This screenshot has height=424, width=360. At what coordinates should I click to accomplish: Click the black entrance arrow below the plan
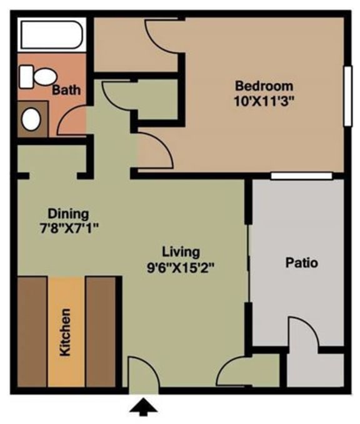(x=143, y=408)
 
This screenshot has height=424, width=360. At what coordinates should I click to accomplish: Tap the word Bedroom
(x=254, y=86)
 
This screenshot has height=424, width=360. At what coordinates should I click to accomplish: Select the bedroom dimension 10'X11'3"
(x=254, y=99)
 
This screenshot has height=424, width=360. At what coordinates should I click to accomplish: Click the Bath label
(x=66, y=90)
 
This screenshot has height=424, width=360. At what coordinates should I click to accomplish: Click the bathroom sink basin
(x=31, y=119)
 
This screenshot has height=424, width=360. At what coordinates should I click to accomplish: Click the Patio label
(x=301, y=263)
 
